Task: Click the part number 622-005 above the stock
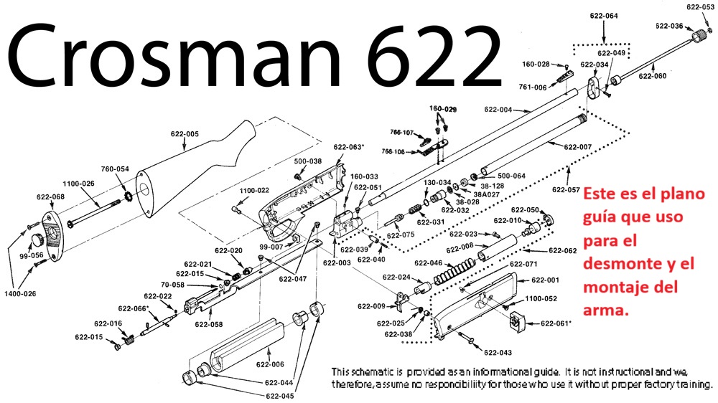(185, 134)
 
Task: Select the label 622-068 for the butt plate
(50, 196)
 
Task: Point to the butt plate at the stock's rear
(51, 236)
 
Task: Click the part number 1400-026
(20, 294)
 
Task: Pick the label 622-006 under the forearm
(270, 364)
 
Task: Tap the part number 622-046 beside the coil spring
(428, 263)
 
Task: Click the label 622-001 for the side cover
(545, 280)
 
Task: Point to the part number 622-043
(498, 353)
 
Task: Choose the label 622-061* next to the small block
(556, 323)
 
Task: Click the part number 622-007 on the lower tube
(578, 147)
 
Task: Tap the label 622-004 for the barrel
(498, 109)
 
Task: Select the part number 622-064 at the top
(604, 16)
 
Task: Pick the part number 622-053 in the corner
(701, 7)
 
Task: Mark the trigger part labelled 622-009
(402, 301)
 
